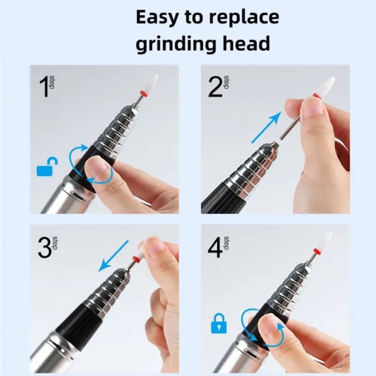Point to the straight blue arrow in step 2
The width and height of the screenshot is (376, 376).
click(x=266, y=127)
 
